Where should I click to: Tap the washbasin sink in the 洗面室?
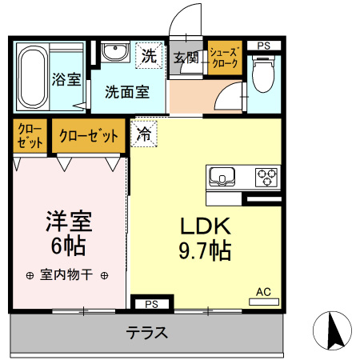(x=115, y=52)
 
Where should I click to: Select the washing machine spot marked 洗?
(x=149, y=56)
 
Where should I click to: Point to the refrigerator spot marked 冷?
(x=144, y=134)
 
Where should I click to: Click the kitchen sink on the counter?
(x=222, y=177)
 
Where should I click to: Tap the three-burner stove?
(x=266, y=177)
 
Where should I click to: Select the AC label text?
(x=263, y=292)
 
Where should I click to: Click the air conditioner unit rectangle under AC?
(x=264, y=302)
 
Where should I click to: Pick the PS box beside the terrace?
(x=152, y=304)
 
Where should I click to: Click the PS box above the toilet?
(x=264, y=46)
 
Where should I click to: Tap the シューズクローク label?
(x=223, y=58)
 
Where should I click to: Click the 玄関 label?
(x=186, y=58)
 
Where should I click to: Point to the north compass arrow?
(x=335, y=330)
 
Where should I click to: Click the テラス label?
(x=147, y=333)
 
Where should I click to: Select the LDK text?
(x=206, y=226)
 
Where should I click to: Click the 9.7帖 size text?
(x=205, y=250)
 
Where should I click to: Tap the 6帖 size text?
(x=69, y=246)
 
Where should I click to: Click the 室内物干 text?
(x=66, y=274)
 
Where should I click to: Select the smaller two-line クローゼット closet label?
(x=30, y=136)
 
